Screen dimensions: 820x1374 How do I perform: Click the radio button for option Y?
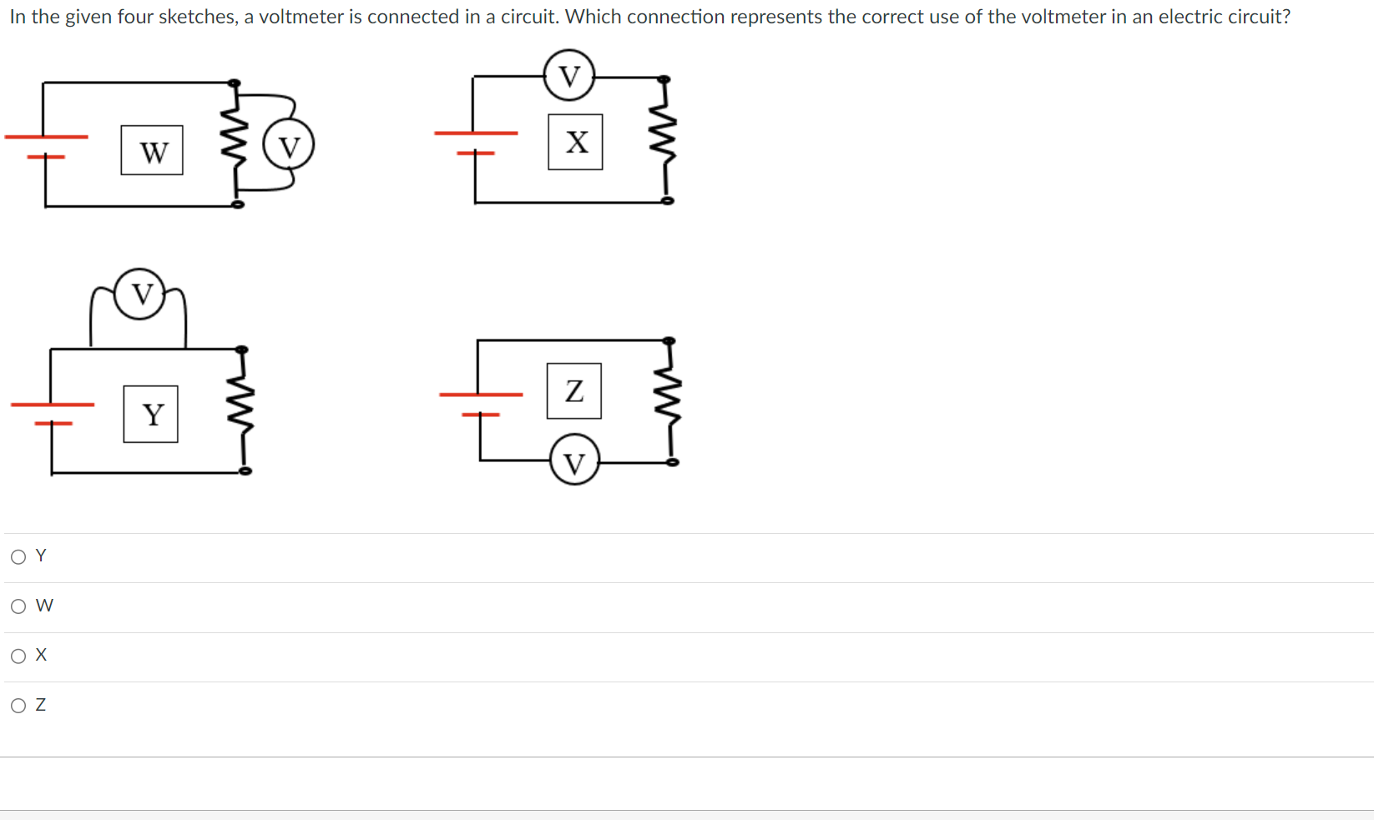[x=18, y=556]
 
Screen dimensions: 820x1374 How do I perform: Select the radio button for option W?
[x=18, y=606]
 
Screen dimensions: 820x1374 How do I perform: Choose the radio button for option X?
[x=18, y=656]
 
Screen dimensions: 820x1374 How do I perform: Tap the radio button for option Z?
[x=18, y=706]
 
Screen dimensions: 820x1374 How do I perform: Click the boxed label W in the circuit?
[x=152, y=151]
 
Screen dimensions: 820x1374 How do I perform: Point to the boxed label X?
[x=575, y=142]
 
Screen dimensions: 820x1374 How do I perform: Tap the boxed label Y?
[x=150, y=414]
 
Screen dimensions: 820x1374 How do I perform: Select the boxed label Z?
[x=573, y=390]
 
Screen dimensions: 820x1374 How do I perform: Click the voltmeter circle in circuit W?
[x=289, y=146]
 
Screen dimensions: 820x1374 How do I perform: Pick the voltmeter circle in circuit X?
[x=568, y=76]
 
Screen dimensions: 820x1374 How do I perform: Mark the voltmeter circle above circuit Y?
[x=140, y=294]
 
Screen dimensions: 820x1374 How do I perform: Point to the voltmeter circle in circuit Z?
[x=574, y=461]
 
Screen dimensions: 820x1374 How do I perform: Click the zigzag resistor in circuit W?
[x=235, y=143]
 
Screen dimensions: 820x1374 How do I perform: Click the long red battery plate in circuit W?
[x=46, y=136]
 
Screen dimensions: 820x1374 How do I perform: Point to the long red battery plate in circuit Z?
[x=481, y=394]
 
